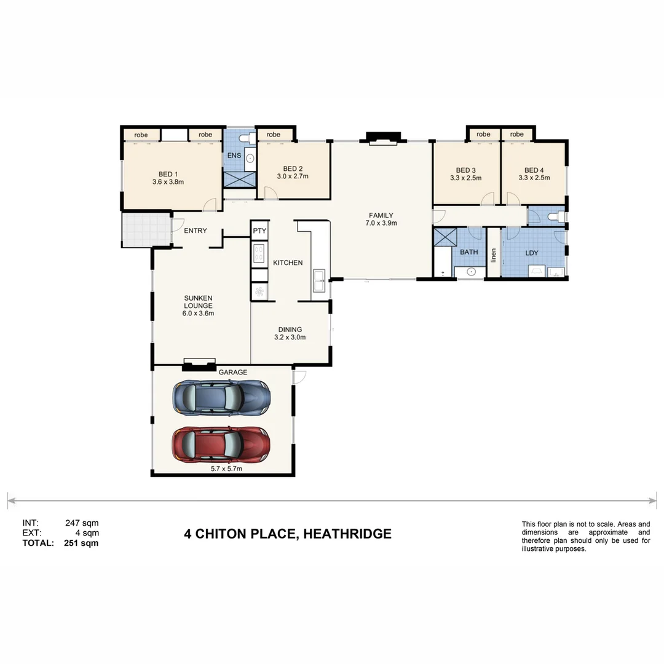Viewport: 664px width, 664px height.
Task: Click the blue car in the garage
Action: (221, 398)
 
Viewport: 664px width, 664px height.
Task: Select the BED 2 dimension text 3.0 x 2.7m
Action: (293, 176)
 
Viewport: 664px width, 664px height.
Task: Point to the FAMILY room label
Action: (381, 215)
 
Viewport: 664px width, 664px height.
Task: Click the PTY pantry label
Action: (259, 231)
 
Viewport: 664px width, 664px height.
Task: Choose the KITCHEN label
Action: (288, 263)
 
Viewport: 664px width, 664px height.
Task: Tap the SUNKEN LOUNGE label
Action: (198, 301)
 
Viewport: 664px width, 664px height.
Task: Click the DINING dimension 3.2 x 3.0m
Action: (290, 337)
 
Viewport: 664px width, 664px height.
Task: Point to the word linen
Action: (493, 254)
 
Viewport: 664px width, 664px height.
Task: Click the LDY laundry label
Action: (531, 253)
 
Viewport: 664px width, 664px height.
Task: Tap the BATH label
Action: (468, 252)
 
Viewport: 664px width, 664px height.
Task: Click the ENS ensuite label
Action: (234, 156)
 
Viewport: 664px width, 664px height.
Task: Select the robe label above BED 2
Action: (274, 135)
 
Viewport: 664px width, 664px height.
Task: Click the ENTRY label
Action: (196, 231)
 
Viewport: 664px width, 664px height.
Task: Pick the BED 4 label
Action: (534, 170)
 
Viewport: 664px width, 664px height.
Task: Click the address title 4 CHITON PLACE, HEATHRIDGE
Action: (288, 534)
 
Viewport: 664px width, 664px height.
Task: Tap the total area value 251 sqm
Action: (81, 543)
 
